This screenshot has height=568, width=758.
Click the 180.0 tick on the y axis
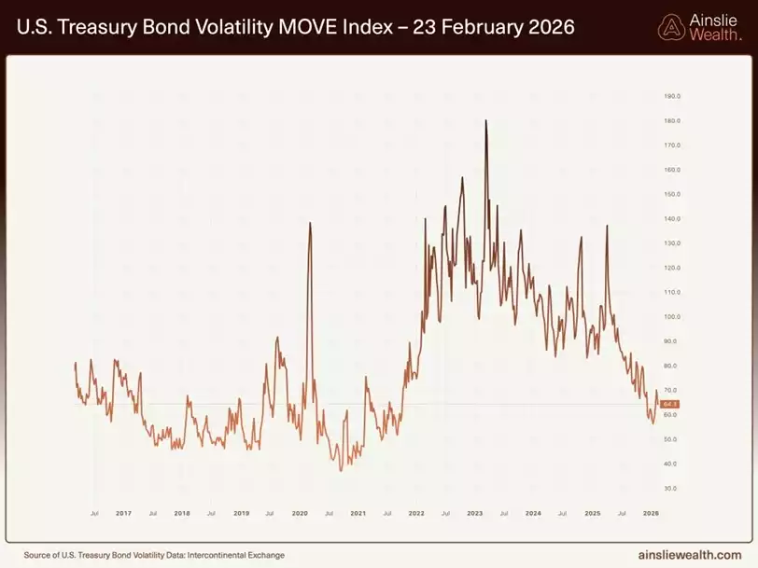[670, 121]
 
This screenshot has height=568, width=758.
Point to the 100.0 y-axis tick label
[670, 317]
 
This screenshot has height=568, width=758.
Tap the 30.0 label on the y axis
[670, 488]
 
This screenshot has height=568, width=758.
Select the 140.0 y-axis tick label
[670, 219]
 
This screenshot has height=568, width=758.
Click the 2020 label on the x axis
[300, 513]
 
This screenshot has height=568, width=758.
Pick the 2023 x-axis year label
[475, 513]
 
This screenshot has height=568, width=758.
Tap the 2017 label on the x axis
[123, 513]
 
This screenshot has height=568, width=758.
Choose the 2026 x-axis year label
[651, 513]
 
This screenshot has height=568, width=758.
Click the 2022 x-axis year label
[416, 513]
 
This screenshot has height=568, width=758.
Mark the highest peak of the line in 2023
[486, 120]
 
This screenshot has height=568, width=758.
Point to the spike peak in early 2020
[309, 223]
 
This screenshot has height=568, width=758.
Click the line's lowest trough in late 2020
[341, 469]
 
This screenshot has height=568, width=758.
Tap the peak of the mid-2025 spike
[607, 226]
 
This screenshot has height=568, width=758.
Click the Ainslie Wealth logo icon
[671, 28]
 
